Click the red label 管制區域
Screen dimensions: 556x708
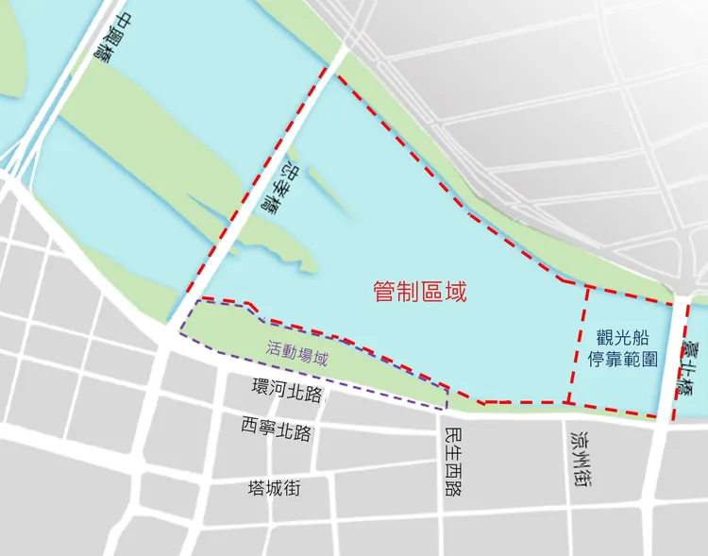point(420,292)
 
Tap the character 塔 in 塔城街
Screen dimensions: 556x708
point(256,488)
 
